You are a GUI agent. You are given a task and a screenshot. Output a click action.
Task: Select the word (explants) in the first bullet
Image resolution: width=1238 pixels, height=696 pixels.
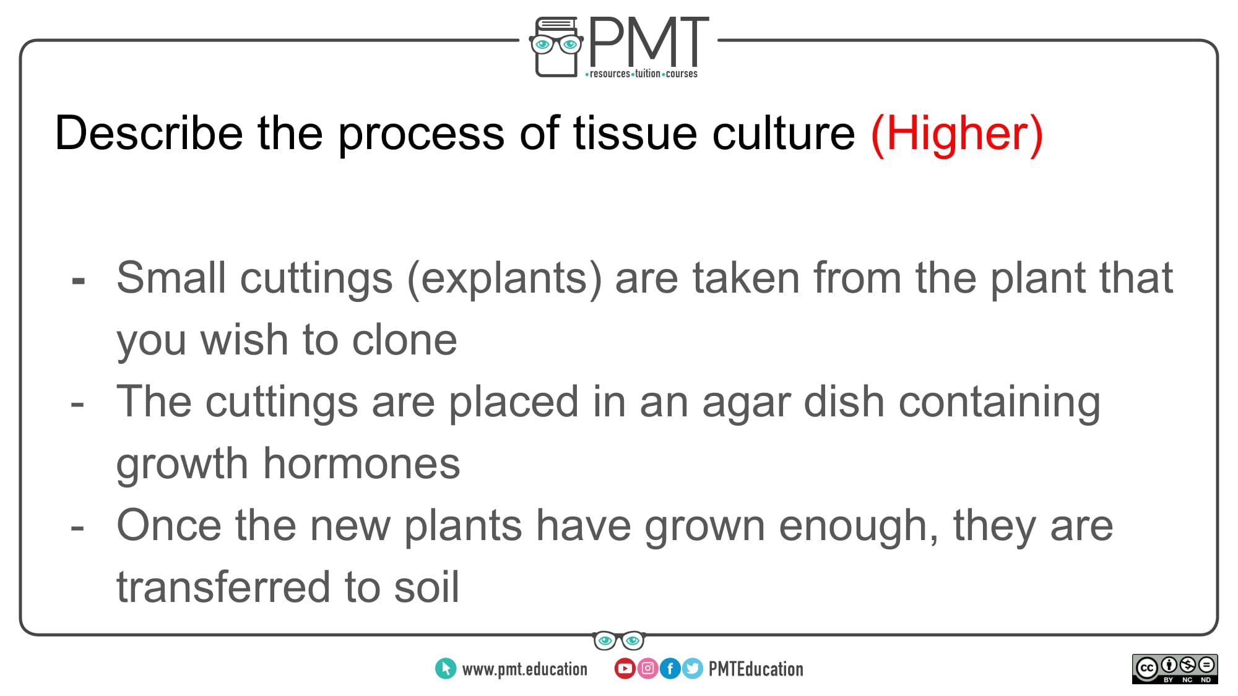(x=504, y=278)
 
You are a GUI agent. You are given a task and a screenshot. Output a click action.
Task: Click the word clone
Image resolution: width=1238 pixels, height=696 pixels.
(x=404, y=340)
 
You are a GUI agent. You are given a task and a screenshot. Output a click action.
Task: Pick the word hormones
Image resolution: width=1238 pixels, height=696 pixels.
(x=361, y=463)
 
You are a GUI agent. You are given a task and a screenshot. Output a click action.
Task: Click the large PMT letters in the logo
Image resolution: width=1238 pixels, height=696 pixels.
(x=648, y=41)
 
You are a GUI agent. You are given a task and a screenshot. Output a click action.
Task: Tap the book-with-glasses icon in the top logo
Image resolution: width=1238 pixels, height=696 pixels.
(x=556, y=46)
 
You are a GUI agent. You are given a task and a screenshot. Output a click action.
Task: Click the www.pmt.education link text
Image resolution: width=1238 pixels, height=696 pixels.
(x=524, y=669)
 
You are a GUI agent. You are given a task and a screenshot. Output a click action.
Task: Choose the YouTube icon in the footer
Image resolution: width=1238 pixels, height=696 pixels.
(x=625, y=668)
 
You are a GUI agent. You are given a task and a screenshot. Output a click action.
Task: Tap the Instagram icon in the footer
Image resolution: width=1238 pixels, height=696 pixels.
(x=647, y=668)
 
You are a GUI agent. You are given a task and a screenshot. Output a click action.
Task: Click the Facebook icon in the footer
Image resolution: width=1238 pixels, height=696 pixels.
(x=670, y=668)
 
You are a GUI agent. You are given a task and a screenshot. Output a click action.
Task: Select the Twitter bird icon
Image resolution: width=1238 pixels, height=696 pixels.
(x=693, y=668)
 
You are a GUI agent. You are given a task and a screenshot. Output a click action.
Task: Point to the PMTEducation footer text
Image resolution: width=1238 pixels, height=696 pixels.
(x=756, y=669)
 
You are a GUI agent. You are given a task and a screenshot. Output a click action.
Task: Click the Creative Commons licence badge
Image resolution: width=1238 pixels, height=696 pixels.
(x=1175, y=669)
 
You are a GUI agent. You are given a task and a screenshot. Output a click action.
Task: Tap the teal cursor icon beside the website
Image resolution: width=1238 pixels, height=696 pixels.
(x=446, y=668)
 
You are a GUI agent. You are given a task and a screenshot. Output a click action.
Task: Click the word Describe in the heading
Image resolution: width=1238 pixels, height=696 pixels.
(x=149, y=133)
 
